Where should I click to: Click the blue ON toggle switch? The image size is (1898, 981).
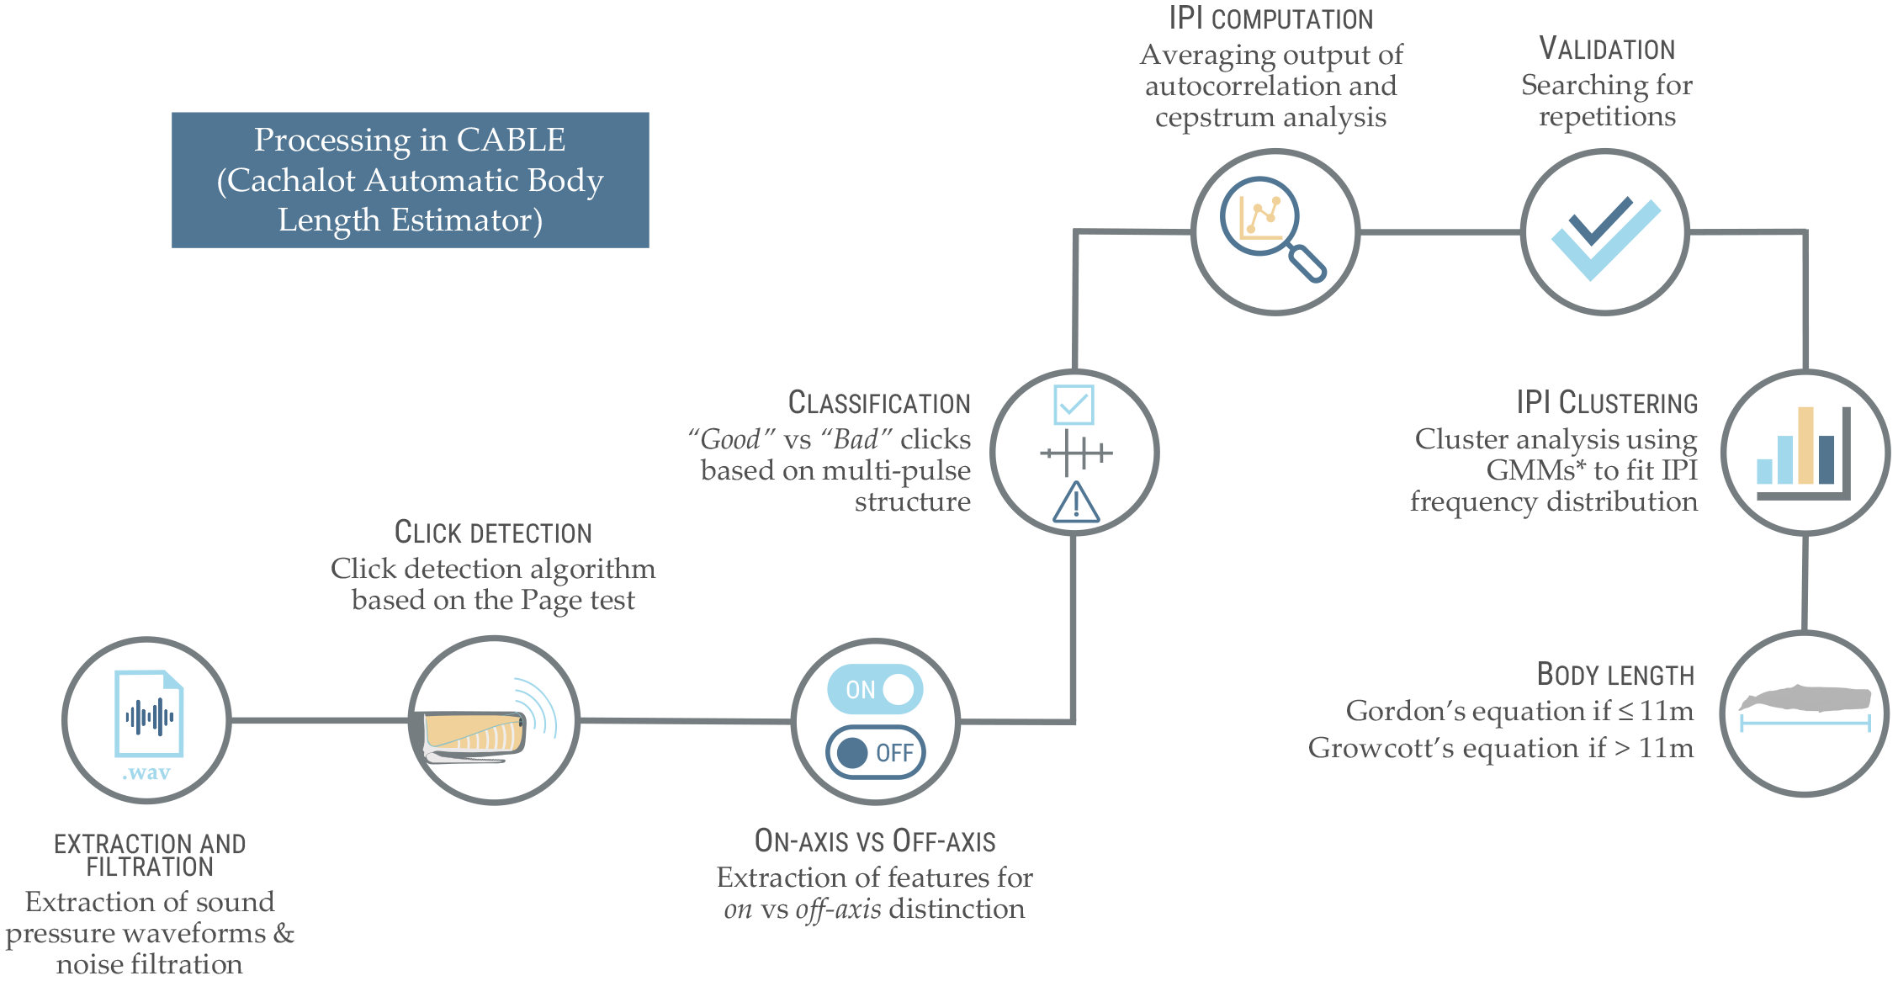point(875,689)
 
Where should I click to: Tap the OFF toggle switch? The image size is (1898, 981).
point(875,752)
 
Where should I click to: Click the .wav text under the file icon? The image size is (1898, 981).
point(146,772)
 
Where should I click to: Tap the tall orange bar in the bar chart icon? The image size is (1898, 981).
point(1805,445)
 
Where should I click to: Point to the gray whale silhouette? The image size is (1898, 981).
point(1805,698)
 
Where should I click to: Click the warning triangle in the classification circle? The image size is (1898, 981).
point(1076,503)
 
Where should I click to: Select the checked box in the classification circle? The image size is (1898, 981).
point(1074,405)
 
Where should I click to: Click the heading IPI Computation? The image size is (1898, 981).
point(1270,19)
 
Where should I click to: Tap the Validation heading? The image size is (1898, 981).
point(1607,49)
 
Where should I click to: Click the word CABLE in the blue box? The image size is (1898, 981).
point(511,140)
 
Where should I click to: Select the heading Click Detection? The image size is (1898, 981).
point(493,533)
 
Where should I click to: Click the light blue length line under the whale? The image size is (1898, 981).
point(1805,722)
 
